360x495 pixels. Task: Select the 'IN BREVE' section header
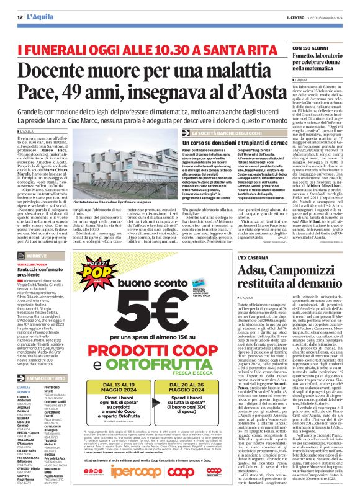pos(31,220)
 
